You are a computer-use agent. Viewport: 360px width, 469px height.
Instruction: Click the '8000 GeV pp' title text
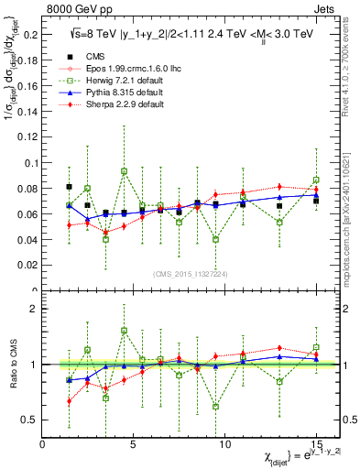coord(75,7)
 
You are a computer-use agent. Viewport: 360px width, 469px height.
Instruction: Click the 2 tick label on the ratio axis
coord(33,309)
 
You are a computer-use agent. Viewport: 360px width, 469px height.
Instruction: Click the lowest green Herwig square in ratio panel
coord(215,406)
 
